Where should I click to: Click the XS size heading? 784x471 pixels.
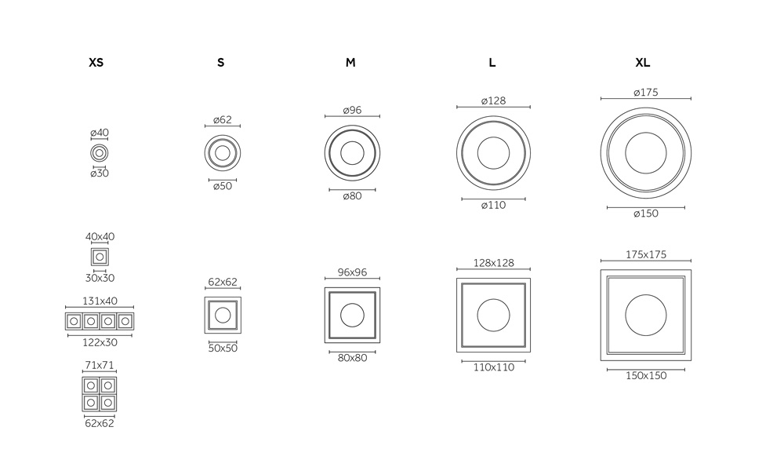(96, 63)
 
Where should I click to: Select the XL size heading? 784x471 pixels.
(643, 63)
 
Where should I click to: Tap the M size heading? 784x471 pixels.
(350, 63)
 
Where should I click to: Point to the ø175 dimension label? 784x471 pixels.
(646, 92)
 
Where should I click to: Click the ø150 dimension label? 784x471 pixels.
(646, 214)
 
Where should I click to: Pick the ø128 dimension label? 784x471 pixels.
(493, 100)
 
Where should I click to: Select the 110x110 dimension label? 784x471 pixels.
(494, 367)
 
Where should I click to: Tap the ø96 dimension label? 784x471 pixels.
(353, 110)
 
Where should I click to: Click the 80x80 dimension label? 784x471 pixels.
(353, 358)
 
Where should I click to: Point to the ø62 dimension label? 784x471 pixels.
(223, 119)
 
